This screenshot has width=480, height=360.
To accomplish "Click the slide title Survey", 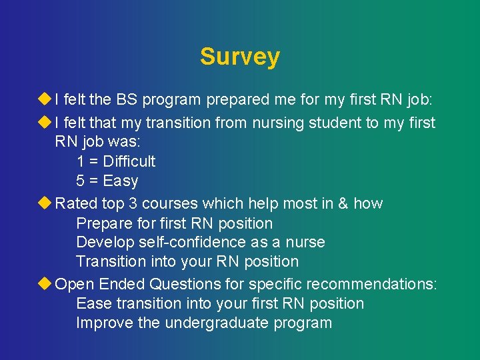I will coord(239,57).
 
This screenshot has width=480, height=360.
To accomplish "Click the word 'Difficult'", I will coord(129,161).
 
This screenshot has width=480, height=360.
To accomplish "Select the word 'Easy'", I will coord(121,181).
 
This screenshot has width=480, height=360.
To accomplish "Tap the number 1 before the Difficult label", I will coord(81,161).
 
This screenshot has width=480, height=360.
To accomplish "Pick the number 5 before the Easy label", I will coord(81,181).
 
